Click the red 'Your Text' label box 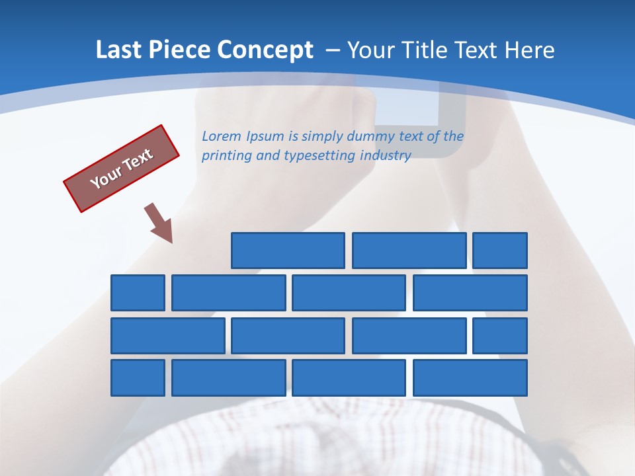click(x=122, y=169)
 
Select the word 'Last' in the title click(x=119, y=50)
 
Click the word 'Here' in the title click(x=529, y=50)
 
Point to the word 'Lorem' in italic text click(x=222, y=137)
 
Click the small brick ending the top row click(x=500, y=251)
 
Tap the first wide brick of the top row click(x=288, y=251)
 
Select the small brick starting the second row click(x=138, y=293)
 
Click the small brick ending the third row click(x=500, y=336)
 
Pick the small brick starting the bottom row click(x=138, y=378)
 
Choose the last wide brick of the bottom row click(x=470, y=378)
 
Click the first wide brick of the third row click(x=168, y=336)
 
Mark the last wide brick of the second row click(x=470, y=293)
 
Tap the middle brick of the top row click(x=409, y=251)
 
